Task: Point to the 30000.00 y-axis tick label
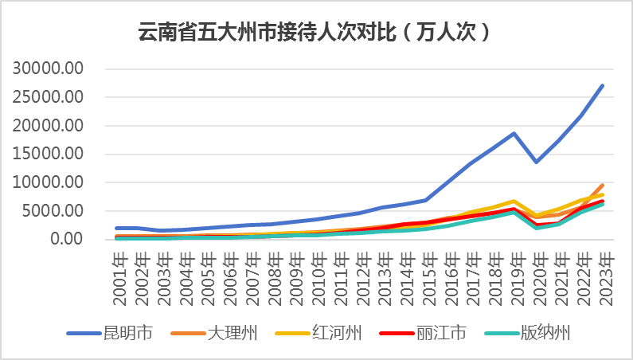pos(48,68)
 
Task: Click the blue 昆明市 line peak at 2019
pos(514,133)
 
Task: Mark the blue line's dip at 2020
pos(537,162)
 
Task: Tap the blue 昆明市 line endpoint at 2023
pos(603,85)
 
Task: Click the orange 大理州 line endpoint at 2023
pos(603,185)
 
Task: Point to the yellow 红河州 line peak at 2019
pos(514,202)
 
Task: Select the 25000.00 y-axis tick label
pos(48,97)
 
